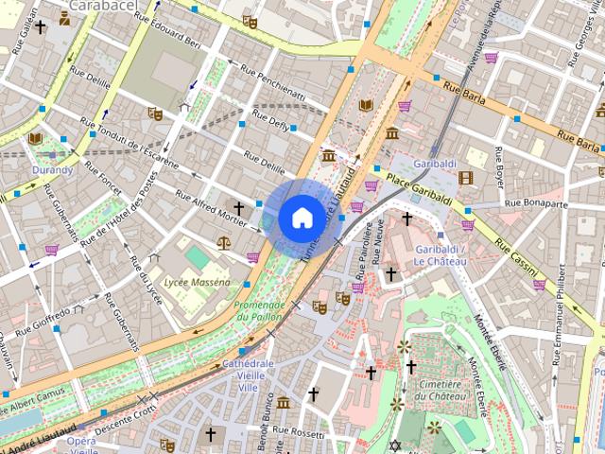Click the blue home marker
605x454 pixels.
point(301,217)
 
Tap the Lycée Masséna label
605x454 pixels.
point(198,282)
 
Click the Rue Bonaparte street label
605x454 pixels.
point(536,202)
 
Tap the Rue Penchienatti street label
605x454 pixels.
point(272,85)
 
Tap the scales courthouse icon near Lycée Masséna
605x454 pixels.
point(223,241)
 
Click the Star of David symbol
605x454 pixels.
point(396,445)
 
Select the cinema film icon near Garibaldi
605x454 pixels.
point(465,177)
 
